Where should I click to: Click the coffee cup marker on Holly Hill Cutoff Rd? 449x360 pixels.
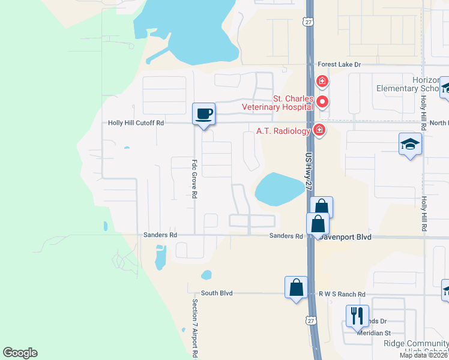(x=203, y=113)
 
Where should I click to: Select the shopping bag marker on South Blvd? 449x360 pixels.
(x=297, y=287)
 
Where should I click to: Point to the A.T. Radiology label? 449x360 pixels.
(x=283, y=131)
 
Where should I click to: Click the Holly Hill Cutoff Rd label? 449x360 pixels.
(x=136, y=123)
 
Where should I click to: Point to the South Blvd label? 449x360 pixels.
(x=216, y=293)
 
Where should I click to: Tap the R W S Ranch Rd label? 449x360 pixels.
(x=342, y=294)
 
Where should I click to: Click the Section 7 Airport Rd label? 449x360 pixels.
(x=195, y=327)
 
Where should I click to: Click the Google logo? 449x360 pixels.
(x=20, y=353)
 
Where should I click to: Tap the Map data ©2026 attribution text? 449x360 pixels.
(x=423, y=355)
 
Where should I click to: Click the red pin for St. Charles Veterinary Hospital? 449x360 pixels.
(x=322, y=101)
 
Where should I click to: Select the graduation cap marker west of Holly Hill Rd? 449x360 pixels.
(x=411, y=144)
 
